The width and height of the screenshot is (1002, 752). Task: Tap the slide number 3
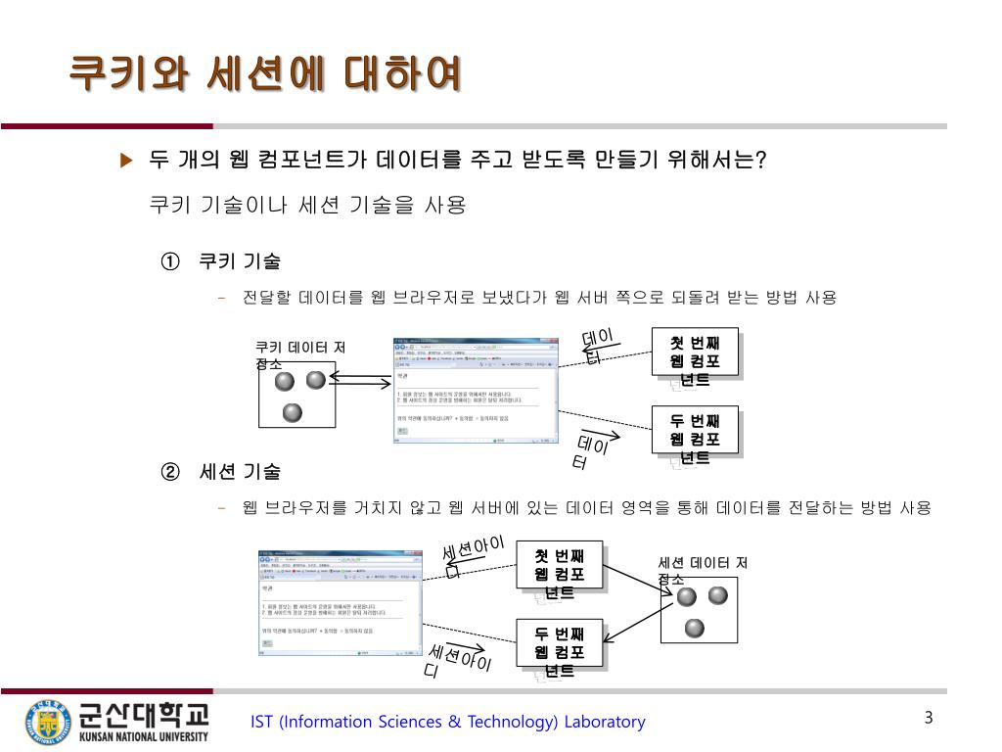tap(929, 719)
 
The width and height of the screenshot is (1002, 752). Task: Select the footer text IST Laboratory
tap(448, 723)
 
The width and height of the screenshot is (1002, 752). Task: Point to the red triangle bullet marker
tap(125, 161)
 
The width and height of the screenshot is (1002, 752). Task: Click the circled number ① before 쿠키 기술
tap(170, 261)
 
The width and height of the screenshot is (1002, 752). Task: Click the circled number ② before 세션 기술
tap(170, 472)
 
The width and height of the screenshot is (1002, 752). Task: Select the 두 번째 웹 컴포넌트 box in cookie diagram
tap(695, 432)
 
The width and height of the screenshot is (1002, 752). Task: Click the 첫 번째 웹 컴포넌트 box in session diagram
tap(560, 567)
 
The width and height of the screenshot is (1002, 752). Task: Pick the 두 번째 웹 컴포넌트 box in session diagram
tap(560, 644)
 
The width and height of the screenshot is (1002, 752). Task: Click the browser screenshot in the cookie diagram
tap(475, 392)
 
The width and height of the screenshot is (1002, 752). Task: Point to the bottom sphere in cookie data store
tap(293, 412)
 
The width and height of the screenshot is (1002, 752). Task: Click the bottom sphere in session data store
tap(695, 628)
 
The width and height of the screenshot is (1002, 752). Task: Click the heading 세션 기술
tap(240, 472)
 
